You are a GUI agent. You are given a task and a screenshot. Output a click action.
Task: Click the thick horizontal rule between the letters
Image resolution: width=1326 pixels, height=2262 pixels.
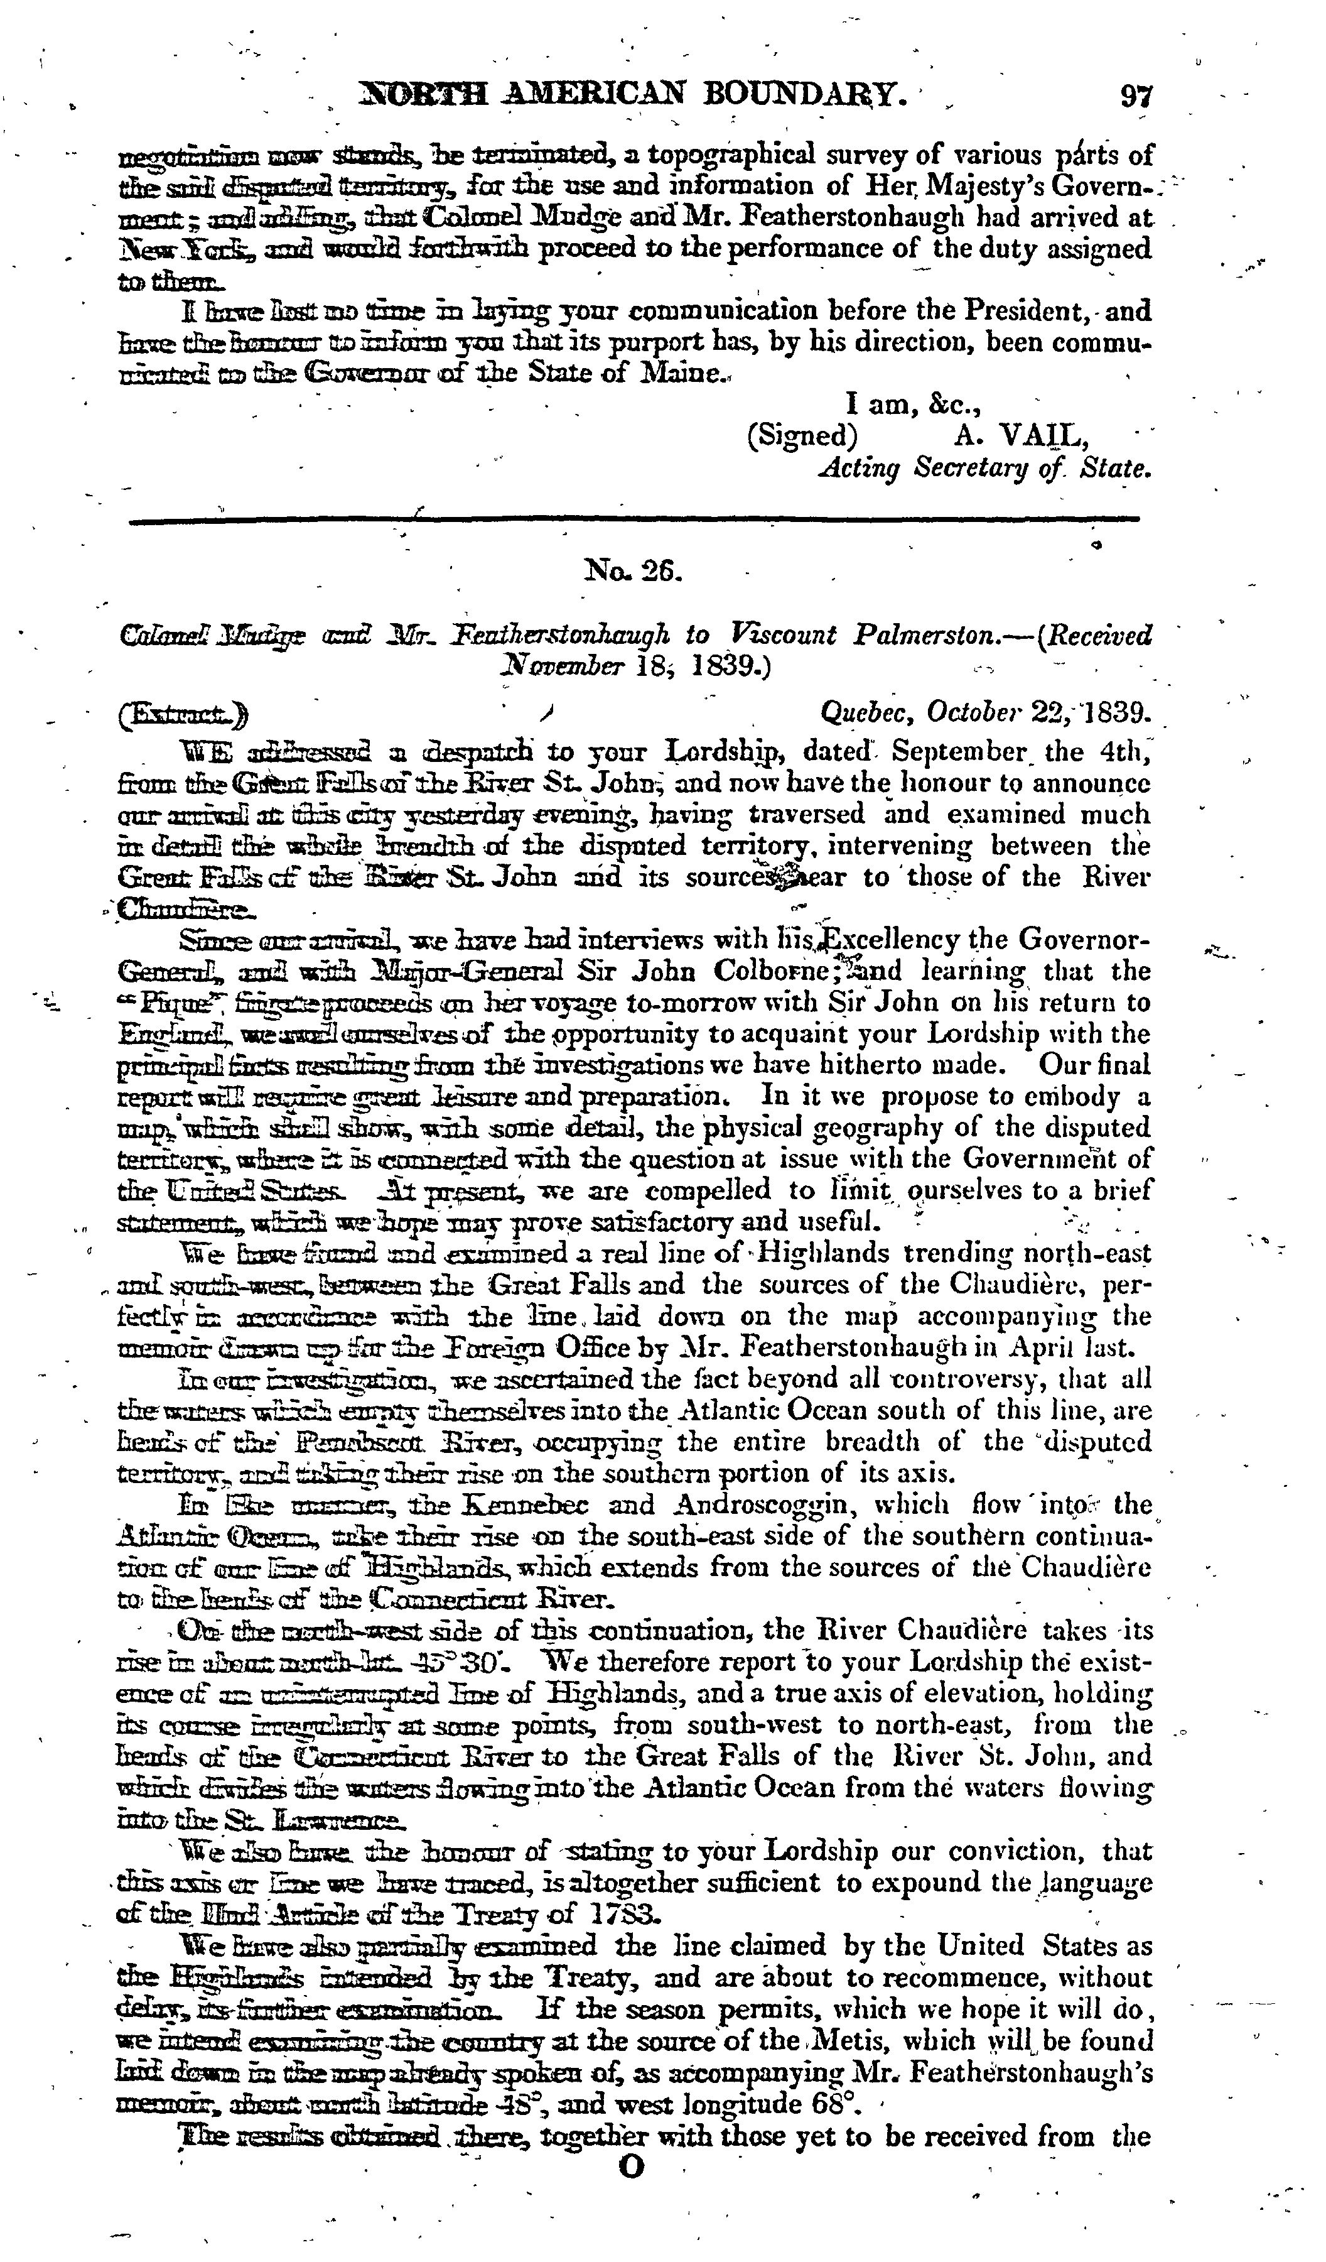click(634, 519)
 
